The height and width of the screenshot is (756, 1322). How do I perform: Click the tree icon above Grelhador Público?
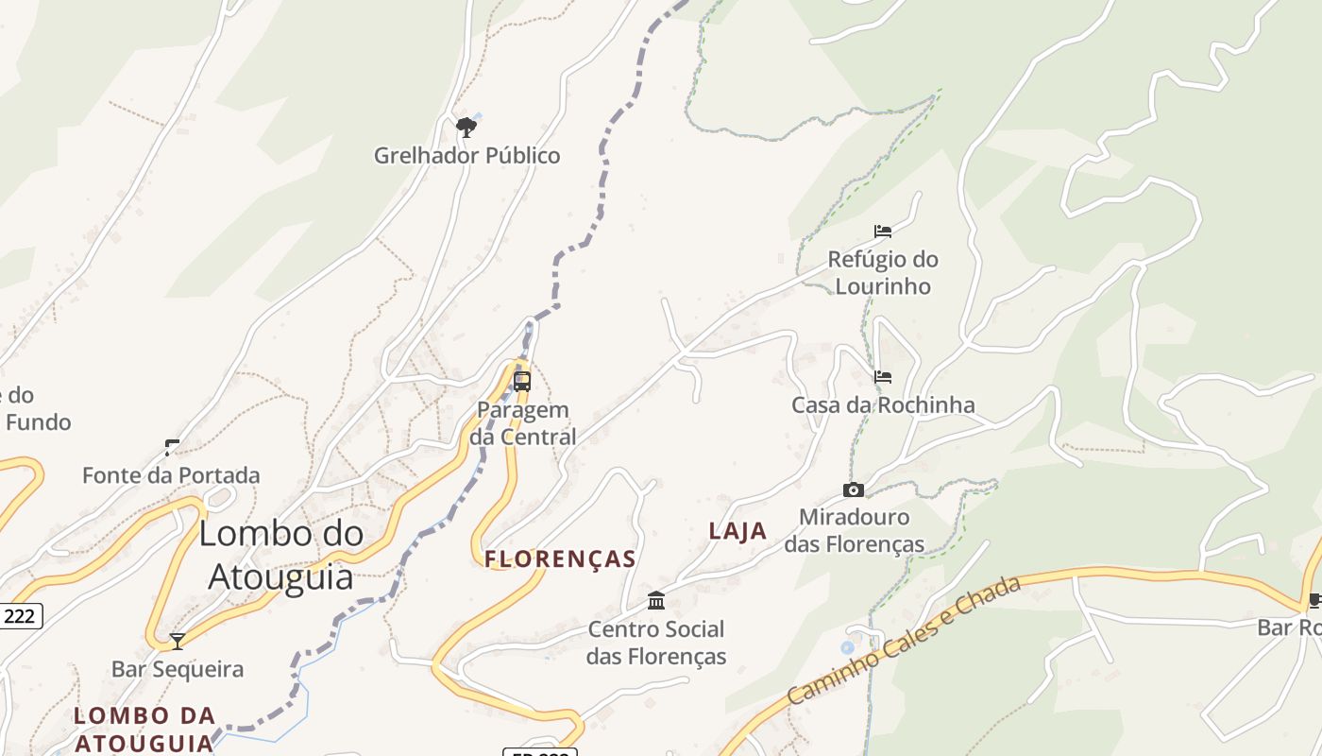[x=466, y=127]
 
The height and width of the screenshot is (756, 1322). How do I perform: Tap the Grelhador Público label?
[x=467, y=156]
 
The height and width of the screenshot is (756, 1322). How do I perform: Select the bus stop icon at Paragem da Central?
[x=522, y=382]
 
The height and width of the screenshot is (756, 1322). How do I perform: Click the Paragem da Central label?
[x=523, y=423]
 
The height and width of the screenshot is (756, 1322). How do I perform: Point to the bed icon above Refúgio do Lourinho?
[x=883, y=231]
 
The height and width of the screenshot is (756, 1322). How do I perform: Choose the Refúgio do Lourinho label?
[x=883, y=272]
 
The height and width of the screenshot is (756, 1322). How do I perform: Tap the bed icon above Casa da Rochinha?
[x=883, y=377]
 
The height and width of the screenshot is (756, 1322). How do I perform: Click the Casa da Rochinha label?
[x=883, y=405]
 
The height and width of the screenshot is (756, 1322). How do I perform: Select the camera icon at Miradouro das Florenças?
[x=854, y=490]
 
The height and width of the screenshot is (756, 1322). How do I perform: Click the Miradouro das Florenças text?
[x=855, y=531]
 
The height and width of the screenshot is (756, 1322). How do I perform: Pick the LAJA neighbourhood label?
[x=737, y=531]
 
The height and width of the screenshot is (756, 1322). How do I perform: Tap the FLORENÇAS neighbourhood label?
[x=561, y=559]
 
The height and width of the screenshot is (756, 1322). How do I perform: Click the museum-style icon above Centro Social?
[x=656, y=600]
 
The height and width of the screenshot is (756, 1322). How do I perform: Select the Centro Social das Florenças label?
[x=656, y=643]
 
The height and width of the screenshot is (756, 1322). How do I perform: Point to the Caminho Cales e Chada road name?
[x=904, y=640]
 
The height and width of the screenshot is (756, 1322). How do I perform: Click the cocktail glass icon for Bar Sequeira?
[x=177, y=642]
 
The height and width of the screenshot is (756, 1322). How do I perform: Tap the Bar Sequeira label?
[x=178, y=670]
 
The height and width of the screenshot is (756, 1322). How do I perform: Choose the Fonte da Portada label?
[x=171, y=475]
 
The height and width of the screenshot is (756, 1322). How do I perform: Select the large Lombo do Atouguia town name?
[x=280, y=555]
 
